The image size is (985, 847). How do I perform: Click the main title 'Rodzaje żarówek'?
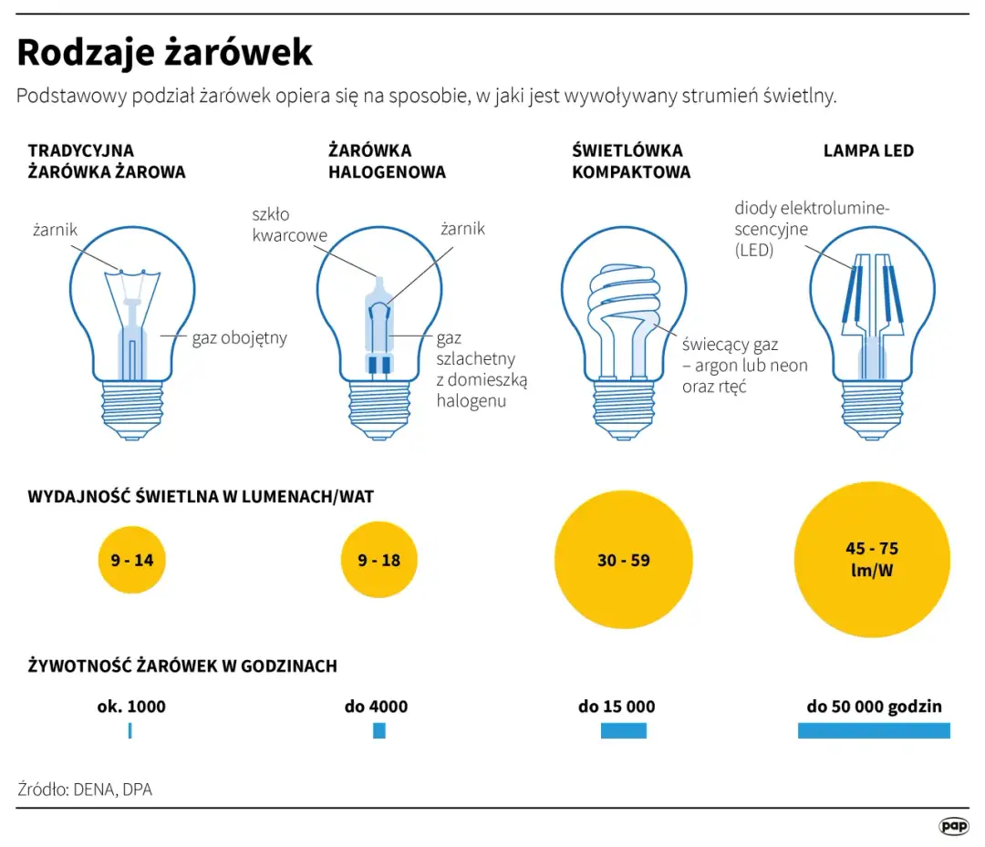click(164, 53)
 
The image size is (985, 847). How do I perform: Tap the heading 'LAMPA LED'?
click(867, 150)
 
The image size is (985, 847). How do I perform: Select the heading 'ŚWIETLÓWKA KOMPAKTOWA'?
click(630, 161)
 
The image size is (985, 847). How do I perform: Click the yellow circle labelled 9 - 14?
click(132, 560)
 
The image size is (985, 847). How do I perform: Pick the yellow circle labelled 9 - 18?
click(378, 560)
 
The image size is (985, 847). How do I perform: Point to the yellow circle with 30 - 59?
click(624, 560)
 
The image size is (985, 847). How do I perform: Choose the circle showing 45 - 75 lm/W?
click(872, 560)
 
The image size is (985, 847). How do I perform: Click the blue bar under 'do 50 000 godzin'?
click(873, 730)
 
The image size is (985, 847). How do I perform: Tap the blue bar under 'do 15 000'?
click(623, 730)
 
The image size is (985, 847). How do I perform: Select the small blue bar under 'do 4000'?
click(378, 730)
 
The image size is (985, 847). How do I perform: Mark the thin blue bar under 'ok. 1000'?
click(130, 730)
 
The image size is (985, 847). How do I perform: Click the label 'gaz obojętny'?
click(239, 338)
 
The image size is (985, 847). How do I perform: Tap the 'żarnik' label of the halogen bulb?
click(462, 229)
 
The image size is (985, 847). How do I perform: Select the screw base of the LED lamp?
click(872, 409)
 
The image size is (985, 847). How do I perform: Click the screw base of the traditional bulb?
click(133, 409)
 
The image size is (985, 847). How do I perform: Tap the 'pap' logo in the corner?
click(953, 825)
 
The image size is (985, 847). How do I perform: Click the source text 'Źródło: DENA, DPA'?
click(85, 790)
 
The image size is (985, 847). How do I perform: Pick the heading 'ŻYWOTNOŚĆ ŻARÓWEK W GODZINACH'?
click(182, 666)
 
